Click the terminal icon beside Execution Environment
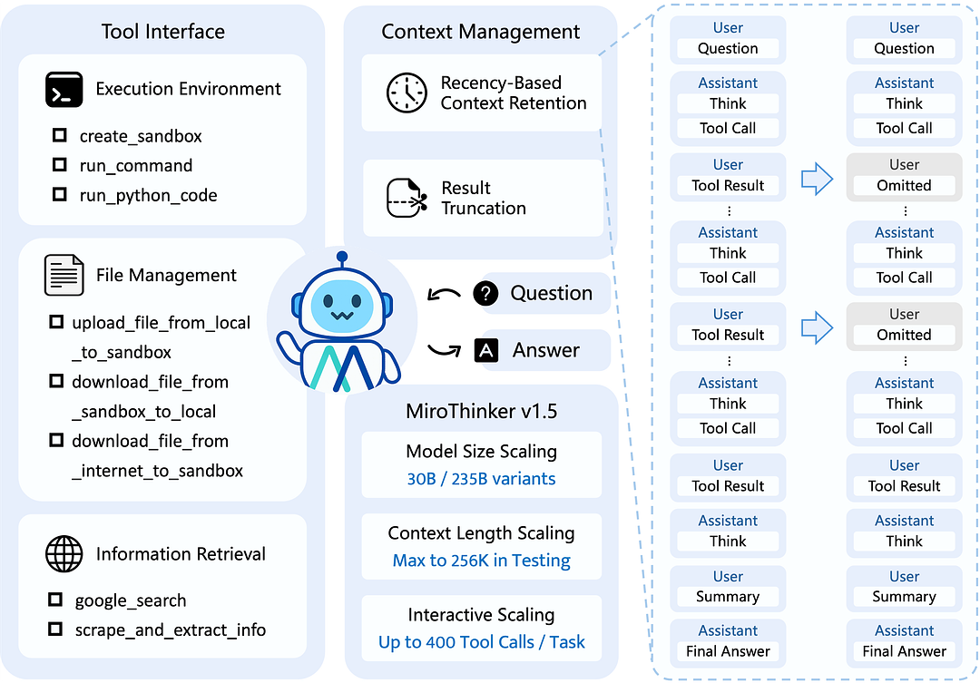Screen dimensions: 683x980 [x=64, y=90]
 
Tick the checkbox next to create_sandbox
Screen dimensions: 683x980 [x=60, y=135]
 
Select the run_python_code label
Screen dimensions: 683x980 [x=148, y=195]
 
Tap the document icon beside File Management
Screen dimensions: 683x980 [x=64, y=275]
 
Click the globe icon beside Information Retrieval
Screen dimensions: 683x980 [x=64, y=553]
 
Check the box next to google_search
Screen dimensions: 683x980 [x=55, y=600]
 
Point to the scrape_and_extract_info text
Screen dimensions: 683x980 [x=170, y=629]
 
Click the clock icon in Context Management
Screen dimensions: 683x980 [x=407, y=93]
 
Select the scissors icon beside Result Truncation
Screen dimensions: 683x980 [x=407, y=198]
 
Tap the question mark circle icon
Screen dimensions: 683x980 [x=486, y=293]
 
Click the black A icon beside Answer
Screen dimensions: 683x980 [x=486, y=350]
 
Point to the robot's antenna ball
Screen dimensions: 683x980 [x=341, y=258]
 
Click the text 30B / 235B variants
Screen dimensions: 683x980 [x=481, y=478]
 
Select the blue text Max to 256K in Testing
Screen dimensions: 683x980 [x=481, y=560]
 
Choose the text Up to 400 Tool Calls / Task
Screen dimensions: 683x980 [x=481, y=642]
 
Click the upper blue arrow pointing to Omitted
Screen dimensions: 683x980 [x=817, y=179]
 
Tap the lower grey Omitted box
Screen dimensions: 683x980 [x=904, y=326]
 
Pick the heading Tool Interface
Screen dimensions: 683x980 [x=163, y=32]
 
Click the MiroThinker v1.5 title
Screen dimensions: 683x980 [x=481, y=411]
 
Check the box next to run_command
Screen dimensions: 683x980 [x=60, y=165]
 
